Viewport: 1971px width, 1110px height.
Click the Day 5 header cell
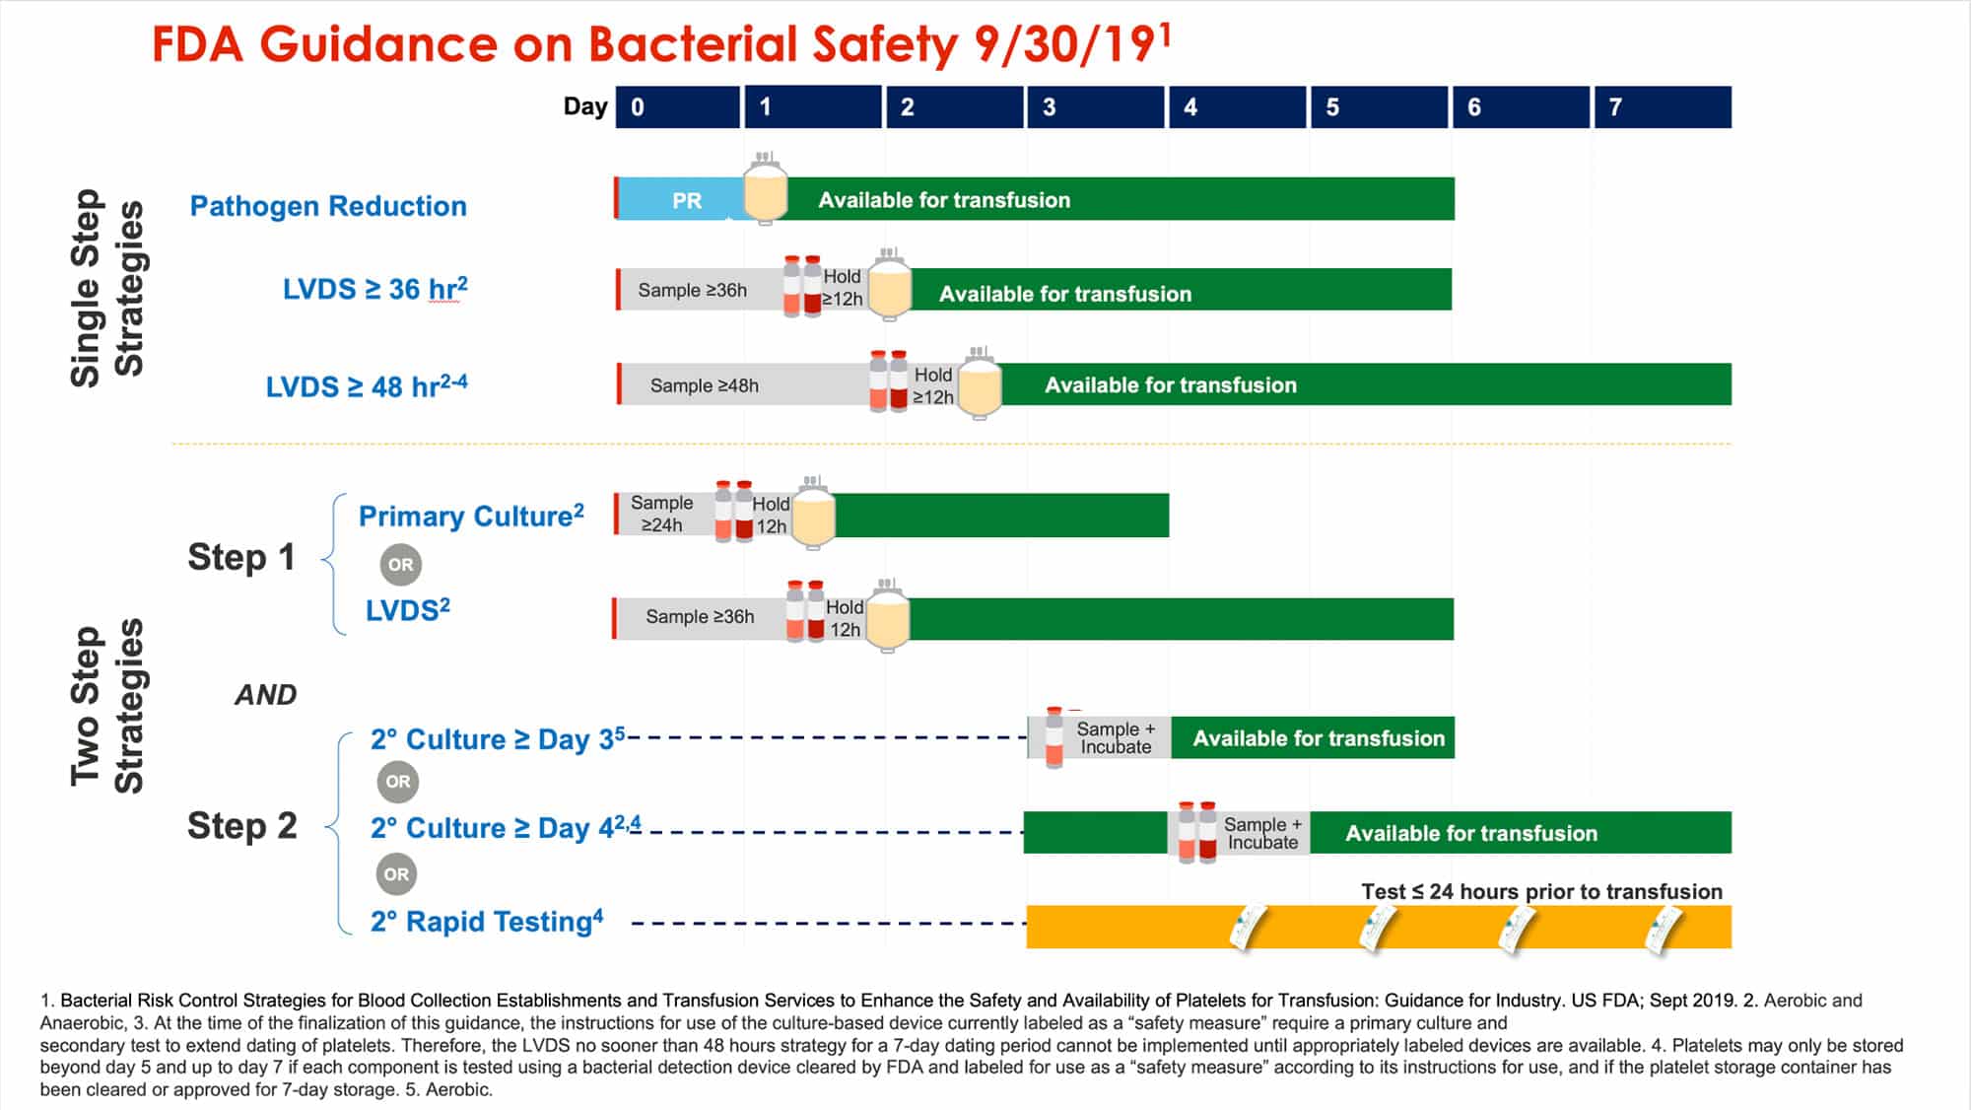[1379, 106]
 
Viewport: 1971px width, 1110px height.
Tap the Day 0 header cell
[678, 106]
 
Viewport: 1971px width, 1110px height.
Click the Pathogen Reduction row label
[328, 206]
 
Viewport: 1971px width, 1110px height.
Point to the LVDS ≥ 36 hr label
[374, 289]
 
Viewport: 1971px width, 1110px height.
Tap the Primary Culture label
[471, 516]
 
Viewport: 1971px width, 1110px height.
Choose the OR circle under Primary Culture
[400, 565]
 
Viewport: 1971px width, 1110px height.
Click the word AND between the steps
[266, 695]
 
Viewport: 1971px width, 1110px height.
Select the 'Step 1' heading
[241, 557]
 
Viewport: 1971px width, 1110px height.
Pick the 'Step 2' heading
[241, 825]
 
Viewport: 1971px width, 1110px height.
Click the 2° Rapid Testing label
[487, 921]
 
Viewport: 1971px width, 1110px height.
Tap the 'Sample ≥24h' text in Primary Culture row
[661, 514]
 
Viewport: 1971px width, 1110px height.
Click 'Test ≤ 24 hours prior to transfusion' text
[1542, 891]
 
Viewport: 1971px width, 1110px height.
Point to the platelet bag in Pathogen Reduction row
[765, 189]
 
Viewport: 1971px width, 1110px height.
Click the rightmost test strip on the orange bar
[1664, 929]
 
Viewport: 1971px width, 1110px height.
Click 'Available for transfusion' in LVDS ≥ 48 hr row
[1171, 384]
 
